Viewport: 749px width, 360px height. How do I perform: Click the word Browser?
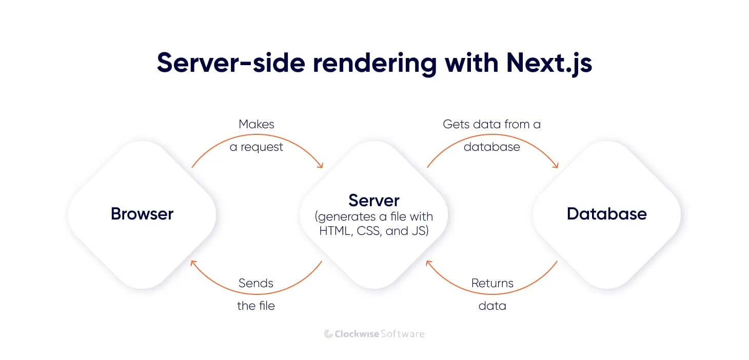click(x=142, y=214)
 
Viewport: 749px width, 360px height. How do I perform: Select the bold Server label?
click(x=373, y=200)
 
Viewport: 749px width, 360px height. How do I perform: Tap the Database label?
click(x=606, y=214)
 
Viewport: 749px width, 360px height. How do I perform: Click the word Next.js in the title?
click(x=549, y=63)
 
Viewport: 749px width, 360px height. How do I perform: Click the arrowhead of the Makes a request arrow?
click(x=321, y=165)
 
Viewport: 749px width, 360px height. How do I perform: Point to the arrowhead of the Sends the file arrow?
click(x=193, y=263)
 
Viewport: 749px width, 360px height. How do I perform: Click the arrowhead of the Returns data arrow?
click(x=428, y=263)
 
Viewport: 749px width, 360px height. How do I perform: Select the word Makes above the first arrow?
click(x=257, y=124)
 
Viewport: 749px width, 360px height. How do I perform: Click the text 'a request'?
click(x=257, y=147)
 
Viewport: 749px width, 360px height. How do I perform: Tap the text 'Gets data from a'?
click(x=491, y=124)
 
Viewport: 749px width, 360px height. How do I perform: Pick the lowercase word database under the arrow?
click(x=491, y=147)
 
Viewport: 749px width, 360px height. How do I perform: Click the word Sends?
click(x=256, y=283)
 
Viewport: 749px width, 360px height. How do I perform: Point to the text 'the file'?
click(x=256, y=306)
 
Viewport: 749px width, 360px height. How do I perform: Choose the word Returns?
click(x=492, y=283)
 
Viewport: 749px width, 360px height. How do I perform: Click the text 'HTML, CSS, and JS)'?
click(x=373, y=231)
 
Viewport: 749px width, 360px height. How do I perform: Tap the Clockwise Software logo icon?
click(x=328, y=334)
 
